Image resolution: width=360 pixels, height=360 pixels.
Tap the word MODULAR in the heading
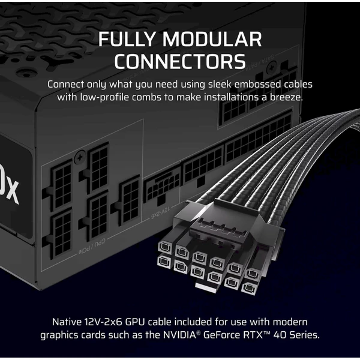(212, 39)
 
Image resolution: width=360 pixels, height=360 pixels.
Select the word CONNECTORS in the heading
(180, 61)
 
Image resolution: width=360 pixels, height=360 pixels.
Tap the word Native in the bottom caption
(67, 322)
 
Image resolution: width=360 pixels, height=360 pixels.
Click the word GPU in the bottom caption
(135, 322)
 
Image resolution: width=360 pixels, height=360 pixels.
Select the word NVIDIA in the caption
(179, 335)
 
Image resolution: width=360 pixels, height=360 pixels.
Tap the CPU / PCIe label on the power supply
(92, 247)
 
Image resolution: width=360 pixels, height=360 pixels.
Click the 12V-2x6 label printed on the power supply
(160, 212)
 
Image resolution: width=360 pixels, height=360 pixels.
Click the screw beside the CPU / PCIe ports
(80, 157)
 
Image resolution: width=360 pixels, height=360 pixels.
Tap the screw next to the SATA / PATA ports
(272, 68)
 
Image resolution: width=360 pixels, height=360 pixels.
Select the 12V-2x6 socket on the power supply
(162, 187)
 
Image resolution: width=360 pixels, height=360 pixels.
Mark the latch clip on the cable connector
(222, 228)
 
